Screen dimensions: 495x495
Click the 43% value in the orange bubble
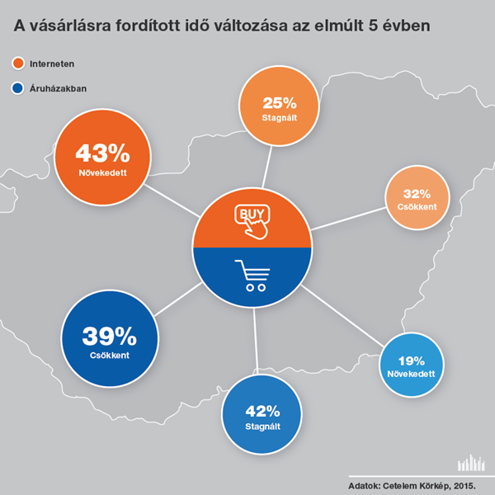click(102, 153)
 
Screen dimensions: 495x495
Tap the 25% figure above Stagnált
click(280, 103)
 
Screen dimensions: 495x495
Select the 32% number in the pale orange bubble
click(417, 194)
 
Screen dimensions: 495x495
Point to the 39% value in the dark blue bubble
click(109, 337)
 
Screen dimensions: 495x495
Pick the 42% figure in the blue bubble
click(262, 412)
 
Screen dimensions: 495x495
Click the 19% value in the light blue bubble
click(412, 361)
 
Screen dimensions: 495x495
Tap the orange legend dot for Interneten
click(18, 64)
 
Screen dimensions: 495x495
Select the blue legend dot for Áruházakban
click(17, 88)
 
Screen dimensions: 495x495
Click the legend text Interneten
click(52, 64)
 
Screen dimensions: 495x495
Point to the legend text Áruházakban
click(58, 88)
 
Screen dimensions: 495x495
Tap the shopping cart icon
click(252, 276)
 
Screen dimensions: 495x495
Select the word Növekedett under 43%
click(102, 172)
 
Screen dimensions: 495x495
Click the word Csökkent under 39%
click(110, 356)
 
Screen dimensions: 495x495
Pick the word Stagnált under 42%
click(262, 427)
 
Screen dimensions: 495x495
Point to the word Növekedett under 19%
click(411, 374)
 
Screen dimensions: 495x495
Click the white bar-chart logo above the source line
click(471, 463)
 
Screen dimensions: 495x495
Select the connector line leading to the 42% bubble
click(256, 342)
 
